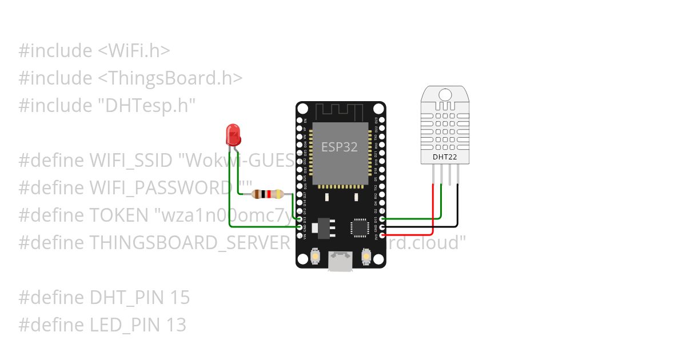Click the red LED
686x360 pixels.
233,135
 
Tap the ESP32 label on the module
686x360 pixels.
340,147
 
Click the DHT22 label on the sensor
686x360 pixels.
444,156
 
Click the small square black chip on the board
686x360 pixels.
360,227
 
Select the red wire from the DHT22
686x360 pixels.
433,211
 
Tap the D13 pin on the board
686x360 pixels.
300,219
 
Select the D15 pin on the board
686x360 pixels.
381,219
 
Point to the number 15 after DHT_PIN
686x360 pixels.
179,298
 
